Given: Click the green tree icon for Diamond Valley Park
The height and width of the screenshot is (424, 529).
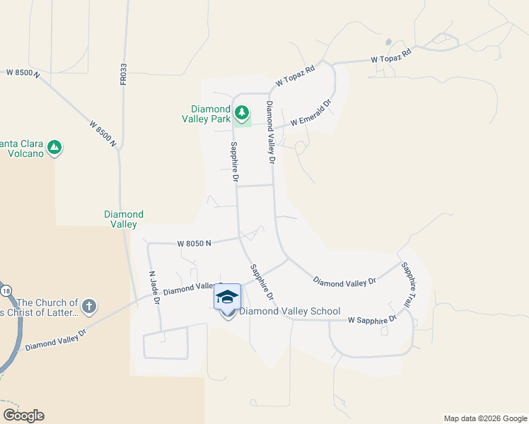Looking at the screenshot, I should point(242,112).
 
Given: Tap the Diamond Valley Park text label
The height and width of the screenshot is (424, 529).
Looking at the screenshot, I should point(211,114).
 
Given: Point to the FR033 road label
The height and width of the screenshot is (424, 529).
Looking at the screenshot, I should point(123,74).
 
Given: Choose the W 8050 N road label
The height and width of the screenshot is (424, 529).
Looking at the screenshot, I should point(194,243).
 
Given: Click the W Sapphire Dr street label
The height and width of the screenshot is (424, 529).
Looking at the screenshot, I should point(372,320).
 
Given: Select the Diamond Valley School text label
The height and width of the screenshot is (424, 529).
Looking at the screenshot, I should point(290,312).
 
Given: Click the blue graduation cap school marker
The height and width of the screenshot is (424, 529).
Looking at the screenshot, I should point(227,297).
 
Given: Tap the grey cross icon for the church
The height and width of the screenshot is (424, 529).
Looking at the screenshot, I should point(88,307).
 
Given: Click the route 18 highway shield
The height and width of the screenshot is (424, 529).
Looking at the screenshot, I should point(6,290).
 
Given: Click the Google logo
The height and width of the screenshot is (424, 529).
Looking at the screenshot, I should point(23,416).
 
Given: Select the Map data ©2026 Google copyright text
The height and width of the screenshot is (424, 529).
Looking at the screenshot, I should point(485,418).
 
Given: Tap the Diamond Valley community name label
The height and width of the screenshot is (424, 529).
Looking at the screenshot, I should point(124,219).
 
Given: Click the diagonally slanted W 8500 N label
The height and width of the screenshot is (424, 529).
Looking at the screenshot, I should point(103,134).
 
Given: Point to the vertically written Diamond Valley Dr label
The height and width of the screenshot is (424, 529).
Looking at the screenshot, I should point(269,131).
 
